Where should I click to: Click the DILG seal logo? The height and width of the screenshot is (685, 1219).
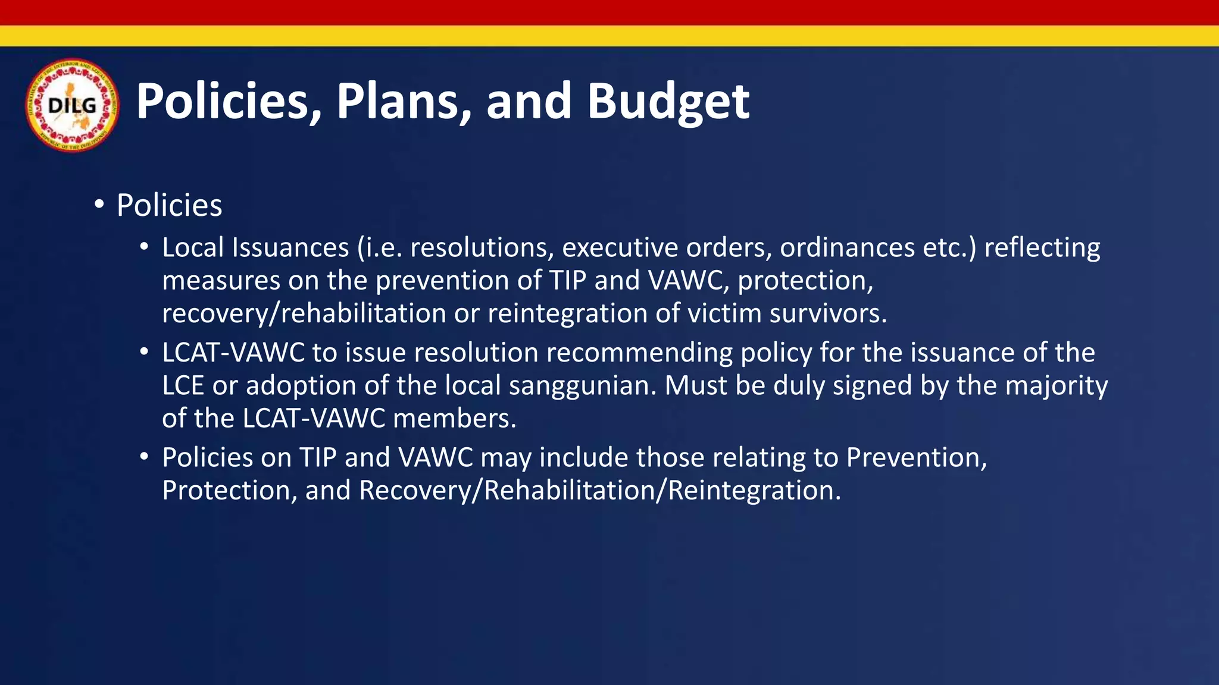[x=72, y=105]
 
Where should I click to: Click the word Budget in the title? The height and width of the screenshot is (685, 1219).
[x=668, y=101]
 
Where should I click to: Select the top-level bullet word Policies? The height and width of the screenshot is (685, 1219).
[x=169, y=206]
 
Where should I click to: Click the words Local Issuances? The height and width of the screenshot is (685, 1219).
[x=255, y=248]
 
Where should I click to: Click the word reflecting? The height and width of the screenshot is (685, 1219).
[x=1042, y=248]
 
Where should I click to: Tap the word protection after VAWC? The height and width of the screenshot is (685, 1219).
[x=805, y=281]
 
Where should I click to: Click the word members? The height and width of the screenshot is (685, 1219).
[x=455, y=418]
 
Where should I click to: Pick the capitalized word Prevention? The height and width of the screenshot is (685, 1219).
[x=917, y=457]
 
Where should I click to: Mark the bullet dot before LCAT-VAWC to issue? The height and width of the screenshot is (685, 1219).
[x=143, y=352]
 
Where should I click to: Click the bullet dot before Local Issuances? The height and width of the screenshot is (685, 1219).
[x=143, y=247]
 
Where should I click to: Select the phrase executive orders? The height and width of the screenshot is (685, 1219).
[x=667, y=248]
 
